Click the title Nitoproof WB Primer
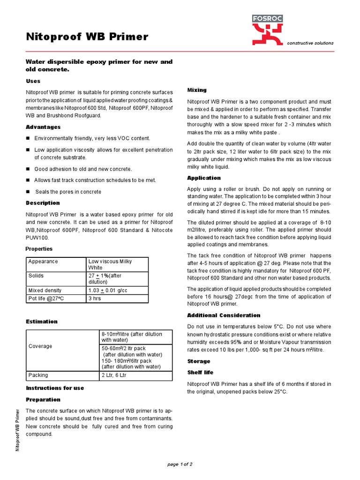87,37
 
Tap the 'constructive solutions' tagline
310,43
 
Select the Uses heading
33,81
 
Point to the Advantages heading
43,127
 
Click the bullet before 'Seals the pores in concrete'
28,192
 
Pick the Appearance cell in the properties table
43,262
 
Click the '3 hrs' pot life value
95,299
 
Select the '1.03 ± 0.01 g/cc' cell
108,291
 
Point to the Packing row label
38,375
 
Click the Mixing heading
197,90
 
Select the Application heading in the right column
204,178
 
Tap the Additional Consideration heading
224,315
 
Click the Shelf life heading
200,372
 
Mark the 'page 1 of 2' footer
180,465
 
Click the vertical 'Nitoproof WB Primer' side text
18,429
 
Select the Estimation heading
42,322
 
